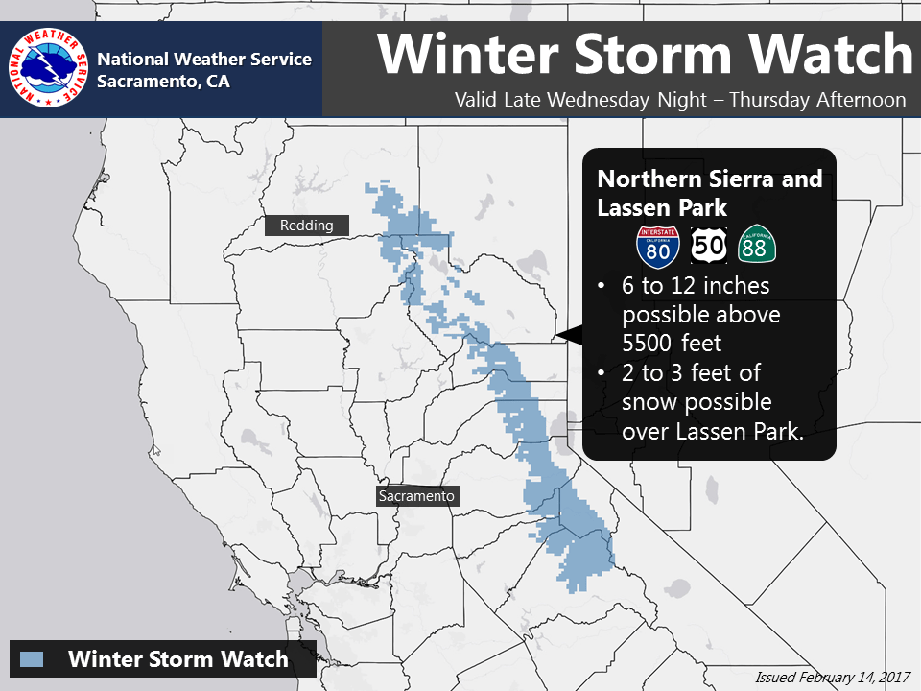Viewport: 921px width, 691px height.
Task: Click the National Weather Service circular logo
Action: (x=48, y=67)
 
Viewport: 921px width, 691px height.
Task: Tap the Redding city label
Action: (x=307, y=226)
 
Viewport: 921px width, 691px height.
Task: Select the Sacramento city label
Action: (x=416, y=496)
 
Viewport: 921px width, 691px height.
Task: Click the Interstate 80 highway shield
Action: (x=658, y=247)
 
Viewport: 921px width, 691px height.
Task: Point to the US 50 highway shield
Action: (x=708, y=246)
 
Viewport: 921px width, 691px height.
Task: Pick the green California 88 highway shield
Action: (x=757, y=244)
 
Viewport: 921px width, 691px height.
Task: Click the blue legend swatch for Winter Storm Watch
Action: (x=32, y=659)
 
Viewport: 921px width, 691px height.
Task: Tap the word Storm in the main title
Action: (x=652, y=54)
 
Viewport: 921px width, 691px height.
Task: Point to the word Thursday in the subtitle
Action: (x=769, y=100)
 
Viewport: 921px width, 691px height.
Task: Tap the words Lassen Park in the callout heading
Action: (x=662, y=208)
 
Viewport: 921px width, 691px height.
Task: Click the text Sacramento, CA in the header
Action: (x=163, y=81)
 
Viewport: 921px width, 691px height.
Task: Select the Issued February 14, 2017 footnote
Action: (x=833, y=678)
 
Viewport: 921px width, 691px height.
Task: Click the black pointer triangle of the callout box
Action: (x=570, y=335)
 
